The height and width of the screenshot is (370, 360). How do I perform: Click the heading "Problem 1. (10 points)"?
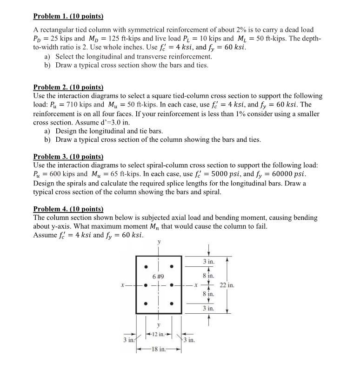[x=68, y=17]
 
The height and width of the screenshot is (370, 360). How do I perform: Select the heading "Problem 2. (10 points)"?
[x=68, y=87]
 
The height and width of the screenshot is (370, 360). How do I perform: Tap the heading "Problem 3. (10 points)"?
[x=68, y=157]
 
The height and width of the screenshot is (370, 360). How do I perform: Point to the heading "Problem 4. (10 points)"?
[x=68, y=209]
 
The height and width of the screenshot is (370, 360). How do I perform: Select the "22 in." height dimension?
[x=227, y=285]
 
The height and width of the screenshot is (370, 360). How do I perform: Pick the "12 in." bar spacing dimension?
[x=159, y=335]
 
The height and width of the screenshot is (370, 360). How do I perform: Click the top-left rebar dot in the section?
[x=146, y=266]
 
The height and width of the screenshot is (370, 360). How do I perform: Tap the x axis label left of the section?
[x=122, y=285]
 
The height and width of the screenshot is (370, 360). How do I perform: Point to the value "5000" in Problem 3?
[x=247, y=174]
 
